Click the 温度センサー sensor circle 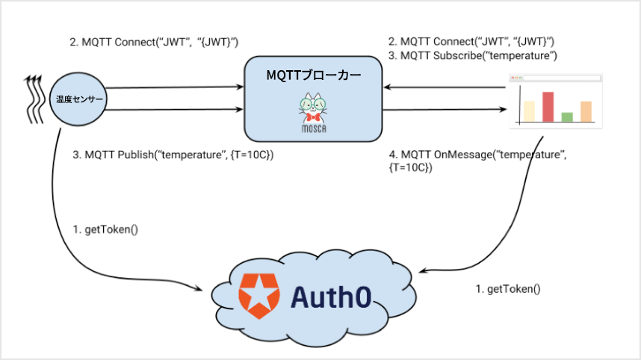[x=78, y=99]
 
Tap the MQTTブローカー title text [x=314, y=75]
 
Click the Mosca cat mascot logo [x=313, y=111]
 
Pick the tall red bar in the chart [x=548, y=106]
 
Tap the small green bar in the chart [x=567, y=117]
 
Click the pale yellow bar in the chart [x=529, y=111]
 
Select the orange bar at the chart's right [x=586, y=111]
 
